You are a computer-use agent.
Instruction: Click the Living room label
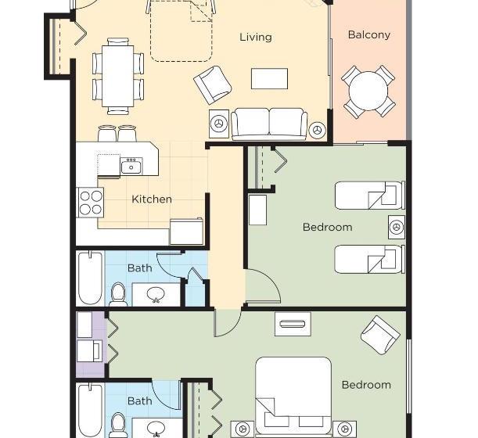256,38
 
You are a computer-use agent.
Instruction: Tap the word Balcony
368,34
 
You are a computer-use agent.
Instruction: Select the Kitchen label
152,199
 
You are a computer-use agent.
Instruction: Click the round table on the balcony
368,91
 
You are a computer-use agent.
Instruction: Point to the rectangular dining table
118,76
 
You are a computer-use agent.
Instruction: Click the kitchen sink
131,167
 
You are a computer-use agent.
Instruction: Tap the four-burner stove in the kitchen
91,202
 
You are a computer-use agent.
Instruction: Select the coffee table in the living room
269,79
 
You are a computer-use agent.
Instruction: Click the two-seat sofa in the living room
269,124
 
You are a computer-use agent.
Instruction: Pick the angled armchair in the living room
213,84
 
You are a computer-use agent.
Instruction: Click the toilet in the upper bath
118,295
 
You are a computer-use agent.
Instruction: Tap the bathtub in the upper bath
90,278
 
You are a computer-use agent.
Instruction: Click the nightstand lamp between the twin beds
397,227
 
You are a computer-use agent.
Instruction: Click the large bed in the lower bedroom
293,396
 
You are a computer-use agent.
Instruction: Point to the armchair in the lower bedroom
380,335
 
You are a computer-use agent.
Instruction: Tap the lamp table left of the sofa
219,124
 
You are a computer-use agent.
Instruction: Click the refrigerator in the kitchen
186,232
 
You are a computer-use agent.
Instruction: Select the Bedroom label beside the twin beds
328,227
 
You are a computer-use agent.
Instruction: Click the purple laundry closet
91,344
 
